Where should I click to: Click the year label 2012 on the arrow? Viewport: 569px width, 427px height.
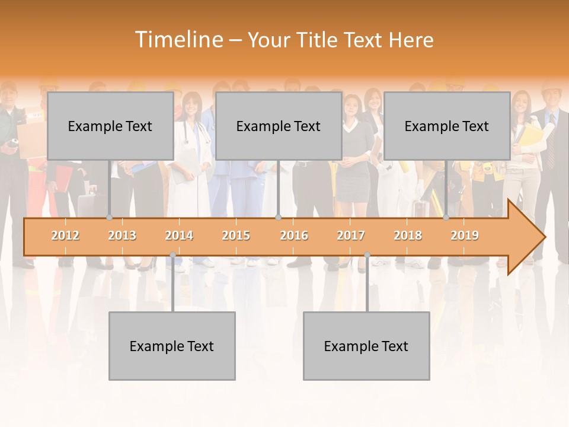point(65,235)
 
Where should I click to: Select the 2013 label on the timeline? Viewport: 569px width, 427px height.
point(122,235)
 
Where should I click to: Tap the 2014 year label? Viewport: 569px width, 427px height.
point(179,235)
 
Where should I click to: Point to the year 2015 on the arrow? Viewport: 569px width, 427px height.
point(236,235)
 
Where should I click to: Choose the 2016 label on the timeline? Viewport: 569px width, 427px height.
point(294,235)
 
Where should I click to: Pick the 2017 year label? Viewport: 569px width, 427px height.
point(351,235)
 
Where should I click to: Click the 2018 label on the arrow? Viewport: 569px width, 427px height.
point(408,235)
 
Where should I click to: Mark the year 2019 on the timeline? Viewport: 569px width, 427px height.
point(465,235)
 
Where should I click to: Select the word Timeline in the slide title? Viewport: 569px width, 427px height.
point(178,40)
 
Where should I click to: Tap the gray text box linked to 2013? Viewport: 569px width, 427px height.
point(110,126)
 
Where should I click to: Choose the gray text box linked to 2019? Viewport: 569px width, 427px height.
point(447,126)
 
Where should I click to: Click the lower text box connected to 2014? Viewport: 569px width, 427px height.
point(172,346)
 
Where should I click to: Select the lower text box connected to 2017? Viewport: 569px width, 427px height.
point(366,346)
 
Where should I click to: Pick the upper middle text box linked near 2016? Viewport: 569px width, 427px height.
point(279,126)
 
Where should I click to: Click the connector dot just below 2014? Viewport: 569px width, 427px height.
point(172,255)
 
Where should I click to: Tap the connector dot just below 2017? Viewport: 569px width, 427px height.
point(367,255)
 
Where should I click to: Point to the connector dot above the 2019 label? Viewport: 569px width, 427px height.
point(446,218)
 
